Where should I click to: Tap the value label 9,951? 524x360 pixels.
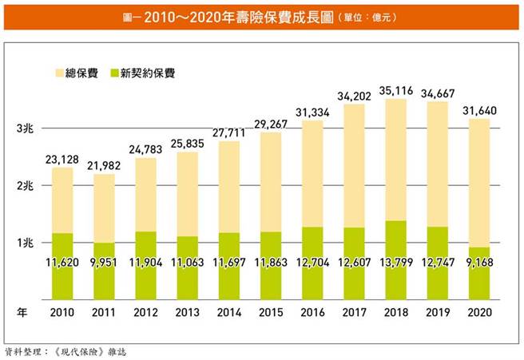point(105,261)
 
